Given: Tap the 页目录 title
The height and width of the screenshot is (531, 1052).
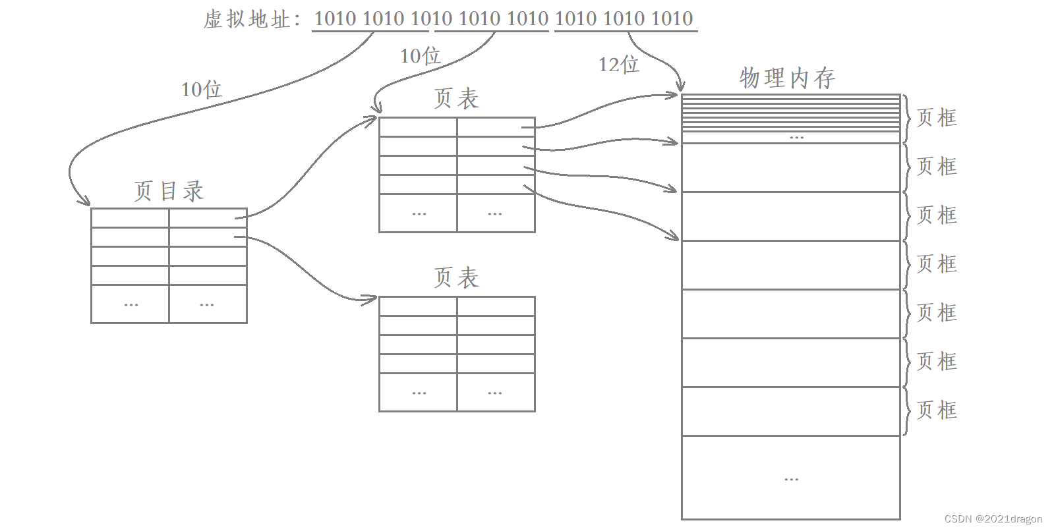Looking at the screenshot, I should [169, 191].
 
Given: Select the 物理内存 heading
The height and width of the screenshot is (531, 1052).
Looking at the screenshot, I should [788, 78].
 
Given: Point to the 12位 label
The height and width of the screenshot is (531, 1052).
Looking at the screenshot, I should [618, 64].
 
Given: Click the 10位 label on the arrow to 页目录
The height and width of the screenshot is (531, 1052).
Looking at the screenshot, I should [201, 89].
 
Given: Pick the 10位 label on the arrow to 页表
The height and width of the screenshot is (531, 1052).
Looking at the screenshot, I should [420, 55].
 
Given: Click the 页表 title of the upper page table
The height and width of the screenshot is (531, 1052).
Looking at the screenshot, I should [456, 99].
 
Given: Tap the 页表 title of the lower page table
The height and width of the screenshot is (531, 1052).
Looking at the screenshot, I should [456, 277].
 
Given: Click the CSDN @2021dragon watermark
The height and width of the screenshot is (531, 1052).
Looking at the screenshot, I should [993, 518].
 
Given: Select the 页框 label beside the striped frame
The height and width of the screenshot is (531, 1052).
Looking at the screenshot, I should [937, 118].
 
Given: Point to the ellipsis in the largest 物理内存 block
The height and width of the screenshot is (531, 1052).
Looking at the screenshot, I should [791, 479].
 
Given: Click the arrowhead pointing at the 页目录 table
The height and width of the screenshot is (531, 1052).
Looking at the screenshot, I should [84, 201].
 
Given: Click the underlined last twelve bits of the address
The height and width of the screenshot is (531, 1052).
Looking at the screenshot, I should [624, 19].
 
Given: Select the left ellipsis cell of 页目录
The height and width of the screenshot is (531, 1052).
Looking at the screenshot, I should [131, 304].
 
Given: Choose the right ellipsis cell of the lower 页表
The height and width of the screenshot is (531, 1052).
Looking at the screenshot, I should [495, 393].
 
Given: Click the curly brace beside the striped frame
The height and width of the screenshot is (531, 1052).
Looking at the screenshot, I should [908, 119].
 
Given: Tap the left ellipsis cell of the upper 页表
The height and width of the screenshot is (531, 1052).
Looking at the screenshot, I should [419, 213].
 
